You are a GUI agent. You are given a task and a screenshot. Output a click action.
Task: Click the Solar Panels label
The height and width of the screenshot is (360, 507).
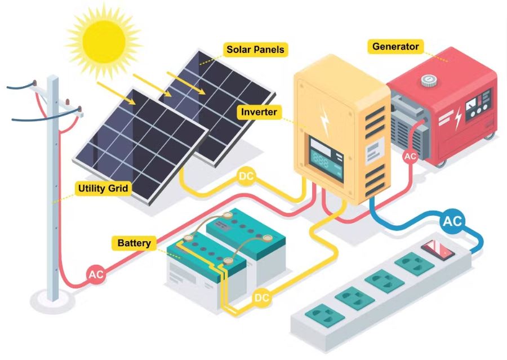click(255, 50)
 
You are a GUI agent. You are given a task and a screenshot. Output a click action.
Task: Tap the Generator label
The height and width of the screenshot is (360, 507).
click(395, 47)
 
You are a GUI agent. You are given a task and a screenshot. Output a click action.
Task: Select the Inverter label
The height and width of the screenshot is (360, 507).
click(259, 112)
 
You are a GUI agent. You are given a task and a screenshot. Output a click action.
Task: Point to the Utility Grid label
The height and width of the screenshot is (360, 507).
click(103, 188)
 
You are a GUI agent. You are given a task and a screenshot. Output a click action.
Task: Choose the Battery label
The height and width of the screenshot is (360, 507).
click(134, 243)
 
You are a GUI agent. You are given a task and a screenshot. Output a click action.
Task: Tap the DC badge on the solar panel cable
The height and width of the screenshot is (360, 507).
click(247, 176)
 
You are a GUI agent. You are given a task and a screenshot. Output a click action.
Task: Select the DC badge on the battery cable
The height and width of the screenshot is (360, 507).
click(261, 298)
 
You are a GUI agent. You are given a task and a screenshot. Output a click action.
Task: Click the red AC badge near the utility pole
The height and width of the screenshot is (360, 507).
click(96, 274)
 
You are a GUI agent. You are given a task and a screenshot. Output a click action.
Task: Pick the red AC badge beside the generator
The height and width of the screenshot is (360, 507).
click(410, 157)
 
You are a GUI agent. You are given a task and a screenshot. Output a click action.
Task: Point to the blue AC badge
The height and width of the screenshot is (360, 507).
click(452, 221)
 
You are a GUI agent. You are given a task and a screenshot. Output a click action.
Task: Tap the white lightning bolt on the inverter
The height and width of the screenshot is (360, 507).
click(325, 121)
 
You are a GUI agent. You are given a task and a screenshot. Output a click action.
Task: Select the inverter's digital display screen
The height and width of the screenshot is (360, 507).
click(326, 159)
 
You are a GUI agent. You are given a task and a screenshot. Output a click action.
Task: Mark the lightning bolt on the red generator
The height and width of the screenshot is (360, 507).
click(458, 119)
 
